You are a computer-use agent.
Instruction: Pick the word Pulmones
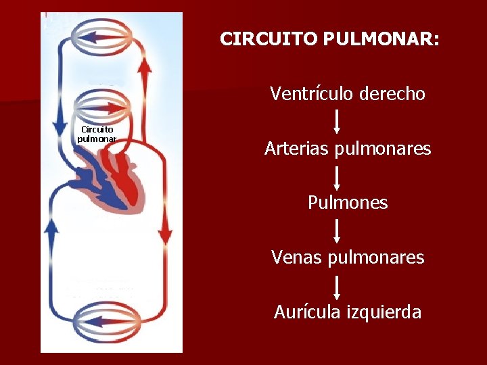click(x=348, y=203)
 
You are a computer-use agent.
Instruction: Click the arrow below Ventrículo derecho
click(x=338, y=122)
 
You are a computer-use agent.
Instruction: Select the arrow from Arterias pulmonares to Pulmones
click(x=338, y=176)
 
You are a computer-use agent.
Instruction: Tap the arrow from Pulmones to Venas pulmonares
click(x=338, y=231)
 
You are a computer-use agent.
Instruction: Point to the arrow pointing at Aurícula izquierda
click(x=338, y=286)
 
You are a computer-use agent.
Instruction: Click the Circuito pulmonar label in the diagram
click(x=97, y=134)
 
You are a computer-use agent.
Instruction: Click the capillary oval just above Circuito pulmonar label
click(x=102, y=106)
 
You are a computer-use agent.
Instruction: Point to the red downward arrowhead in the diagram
click(x=164, y=237)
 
